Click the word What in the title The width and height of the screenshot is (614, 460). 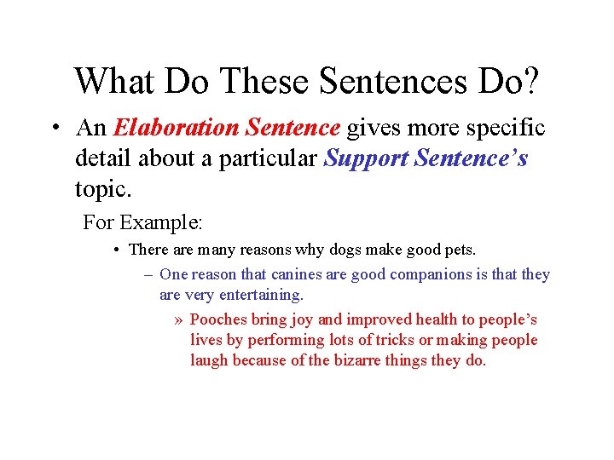coord(113,81)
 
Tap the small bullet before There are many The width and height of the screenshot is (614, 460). coord(115,250)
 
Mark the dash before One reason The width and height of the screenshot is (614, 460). coord(148,274)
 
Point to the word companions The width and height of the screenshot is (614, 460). coord(408,274)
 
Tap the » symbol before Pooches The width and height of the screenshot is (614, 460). coord(177,320)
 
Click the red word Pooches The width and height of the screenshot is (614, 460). coord(217,319)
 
